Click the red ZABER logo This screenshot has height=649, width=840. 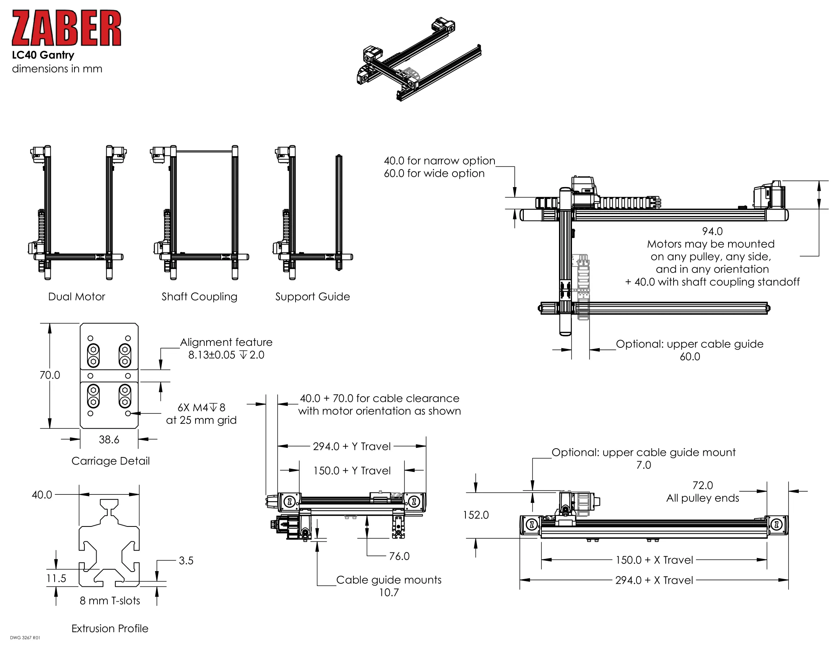pyautogui.click(x=66, y=28)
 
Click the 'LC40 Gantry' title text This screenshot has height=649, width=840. pyautogui.click(x=43, y=55)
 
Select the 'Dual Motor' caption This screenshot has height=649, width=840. pyautogui.click(x=76, y=297)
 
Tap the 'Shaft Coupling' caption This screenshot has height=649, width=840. pyautogui.click(x=199, y=297)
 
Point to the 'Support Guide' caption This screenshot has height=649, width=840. pyautogui.click(x=312, y=297)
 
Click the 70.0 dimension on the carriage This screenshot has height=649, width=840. pyautogui.click(x=50, y=375)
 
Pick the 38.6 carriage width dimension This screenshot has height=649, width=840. pyautogui.click(x=109, y=439)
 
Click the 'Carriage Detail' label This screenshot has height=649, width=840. pyautogui.click(x=110, y=461)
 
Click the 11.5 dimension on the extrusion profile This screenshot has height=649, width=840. pyautogui.click(x=56, y=578)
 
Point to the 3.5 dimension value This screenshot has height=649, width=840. pyautogui.click(x=186, y=560)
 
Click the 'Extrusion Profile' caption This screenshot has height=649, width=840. pyautogui.click(x=110, y=629)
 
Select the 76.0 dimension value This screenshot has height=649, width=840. pyautogui.click(x=399, y=556)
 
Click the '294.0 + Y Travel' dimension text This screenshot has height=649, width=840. pyautogui.click(x=352, y=446)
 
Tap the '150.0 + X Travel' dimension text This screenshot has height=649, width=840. pyautogui.click(x=654, y=560)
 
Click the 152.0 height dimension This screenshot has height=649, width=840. pyautogui.click(x=476, y=515)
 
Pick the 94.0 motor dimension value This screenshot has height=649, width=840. pyautogui.click(x=712, y=231)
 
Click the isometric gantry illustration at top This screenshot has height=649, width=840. pyautogui.click(x=418, y=60)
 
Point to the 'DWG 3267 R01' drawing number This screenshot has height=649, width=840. pyautogui.click(x=25, y=638)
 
